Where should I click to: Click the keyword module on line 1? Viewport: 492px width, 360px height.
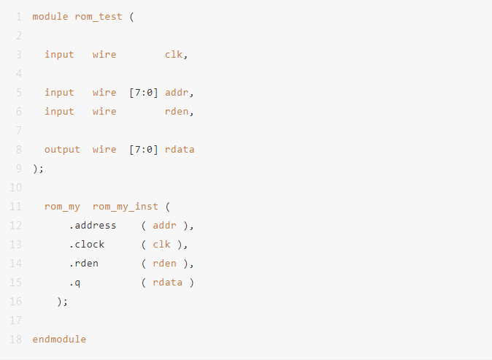[x=50, y=16]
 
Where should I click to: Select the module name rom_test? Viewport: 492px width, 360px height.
[x=99, y=17]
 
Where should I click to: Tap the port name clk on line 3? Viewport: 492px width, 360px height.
[x=174, y=54]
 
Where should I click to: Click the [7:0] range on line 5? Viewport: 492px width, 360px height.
[x=143, y=93]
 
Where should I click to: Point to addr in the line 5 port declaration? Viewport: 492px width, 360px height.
[x=177, y=92]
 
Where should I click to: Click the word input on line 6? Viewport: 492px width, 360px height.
[x=59, y=112]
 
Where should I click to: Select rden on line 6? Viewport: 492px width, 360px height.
[x=177, y=112]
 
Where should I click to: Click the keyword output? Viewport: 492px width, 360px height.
[x=62, y=150]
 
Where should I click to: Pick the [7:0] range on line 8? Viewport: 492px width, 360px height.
[x=143, y=150]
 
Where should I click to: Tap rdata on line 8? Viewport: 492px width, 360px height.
[x=180, y=150]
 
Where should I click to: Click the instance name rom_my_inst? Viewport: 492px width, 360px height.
[x=126, y=207]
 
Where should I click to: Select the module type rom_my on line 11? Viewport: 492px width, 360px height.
[x=62, y=207]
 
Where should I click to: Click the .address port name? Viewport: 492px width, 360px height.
[x=93, y=226]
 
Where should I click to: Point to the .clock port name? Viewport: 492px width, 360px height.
[x=87, y=244]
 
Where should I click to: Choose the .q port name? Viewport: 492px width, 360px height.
[x=74, y=283]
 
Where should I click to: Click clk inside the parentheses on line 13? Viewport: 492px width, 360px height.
[x=161, y=244]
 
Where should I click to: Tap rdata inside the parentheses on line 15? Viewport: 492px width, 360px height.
[x=168, y=282]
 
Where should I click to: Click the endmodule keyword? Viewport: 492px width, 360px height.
[x=59, y=339]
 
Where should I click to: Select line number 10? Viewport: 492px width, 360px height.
[x=15, y=188]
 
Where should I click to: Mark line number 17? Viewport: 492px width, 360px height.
[x=15, y=321]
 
